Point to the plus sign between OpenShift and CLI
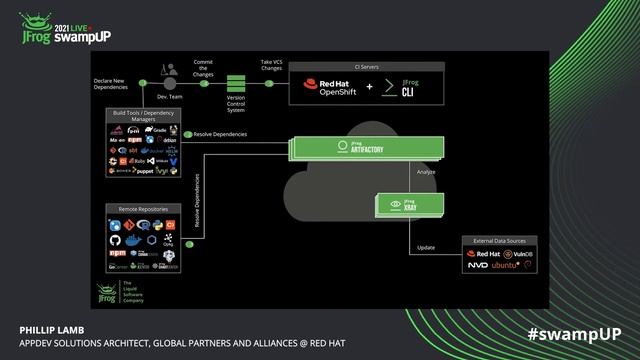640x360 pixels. pyautogui.click(x=370, y=88)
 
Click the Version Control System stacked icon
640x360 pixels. pyautogui.click(x=238, y=82)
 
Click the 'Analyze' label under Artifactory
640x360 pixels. pyautogui.click(x=426, y=173)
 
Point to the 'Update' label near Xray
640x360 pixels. pyautogui.click(x=425, y=247)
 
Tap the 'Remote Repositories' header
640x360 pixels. pyautogui.click(x=143, y=210)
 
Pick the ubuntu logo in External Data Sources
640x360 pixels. pyautogui.click(x=509, y=266)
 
